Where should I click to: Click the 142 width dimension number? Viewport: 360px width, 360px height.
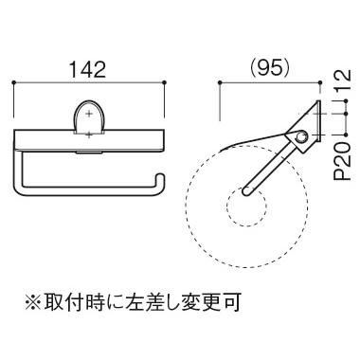[87, 69]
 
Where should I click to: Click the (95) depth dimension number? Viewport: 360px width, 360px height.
[269, 67]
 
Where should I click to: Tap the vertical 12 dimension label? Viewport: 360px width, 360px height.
[343, 81]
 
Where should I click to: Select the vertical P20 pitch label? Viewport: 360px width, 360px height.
[343, 161]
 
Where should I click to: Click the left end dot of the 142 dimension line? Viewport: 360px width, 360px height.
[13, 82]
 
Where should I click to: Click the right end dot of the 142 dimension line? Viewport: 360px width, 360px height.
[164, 82]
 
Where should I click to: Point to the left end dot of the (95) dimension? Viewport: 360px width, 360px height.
[220, 82]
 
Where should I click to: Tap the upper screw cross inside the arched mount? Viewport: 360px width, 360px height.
[89, 114]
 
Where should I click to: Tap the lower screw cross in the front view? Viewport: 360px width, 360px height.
[89, 135]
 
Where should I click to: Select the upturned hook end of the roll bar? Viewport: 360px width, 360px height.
[160, 183]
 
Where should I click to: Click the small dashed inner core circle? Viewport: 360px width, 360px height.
[247, 207]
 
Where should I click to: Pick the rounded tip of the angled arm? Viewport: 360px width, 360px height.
[246, 191]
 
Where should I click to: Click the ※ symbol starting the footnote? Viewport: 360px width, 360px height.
[33, 302]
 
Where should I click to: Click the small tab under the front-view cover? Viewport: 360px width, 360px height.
[89, 153]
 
